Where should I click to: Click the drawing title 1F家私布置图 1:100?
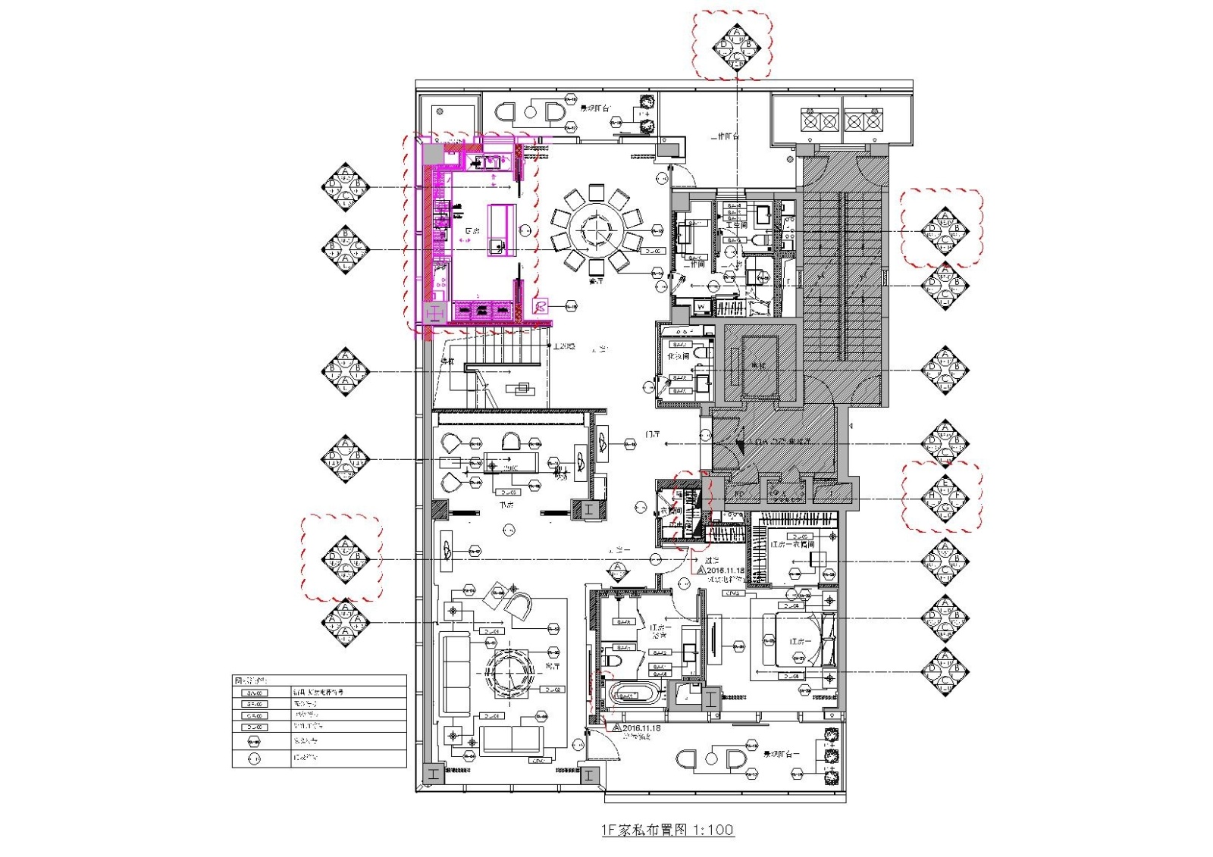(x=667, y=830)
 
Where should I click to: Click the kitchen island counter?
(x=501, y=230)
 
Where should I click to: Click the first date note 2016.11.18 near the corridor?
(x=726, y=570)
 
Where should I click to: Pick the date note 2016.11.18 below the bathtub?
(x=641, y=728)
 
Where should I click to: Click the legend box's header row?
(x=318, y=681)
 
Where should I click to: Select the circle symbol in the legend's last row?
(x=254, y=758)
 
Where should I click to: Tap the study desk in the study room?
(x=511, y=461)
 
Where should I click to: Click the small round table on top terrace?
(x=531, y=112)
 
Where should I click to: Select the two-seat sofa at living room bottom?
(x=511, y=739)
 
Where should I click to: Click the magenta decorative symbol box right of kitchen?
(x=540, y=306)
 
